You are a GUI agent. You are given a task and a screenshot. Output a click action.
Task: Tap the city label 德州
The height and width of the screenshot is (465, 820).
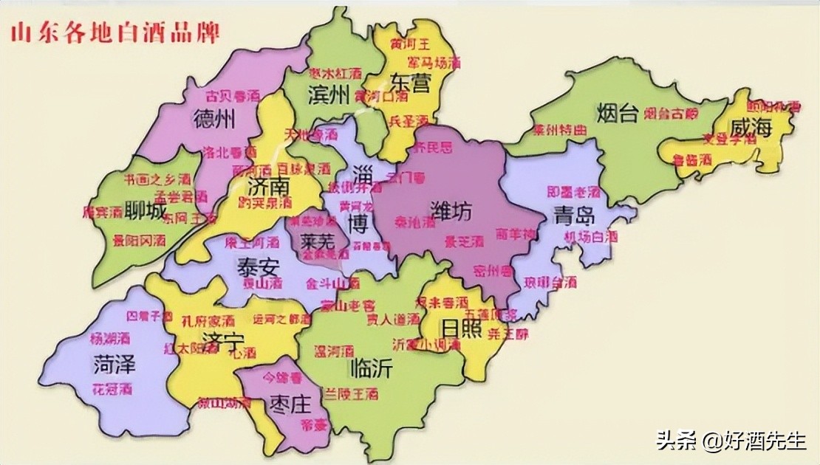(213, 118)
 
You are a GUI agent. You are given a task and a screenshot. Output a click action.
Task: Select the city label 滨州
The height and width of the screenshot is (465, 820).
(328, 94)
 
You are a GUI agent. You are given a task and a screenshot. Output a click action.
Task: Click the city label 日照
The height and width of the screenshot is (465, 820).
(461, 327)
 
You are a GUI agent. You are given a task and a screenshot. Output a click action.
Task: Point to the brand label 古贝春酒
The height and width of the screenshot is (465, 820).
(231, 96)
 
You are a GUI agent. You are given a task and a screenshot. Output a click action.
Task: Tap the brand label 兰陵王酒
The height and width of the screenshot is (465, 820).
(347, 395)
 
